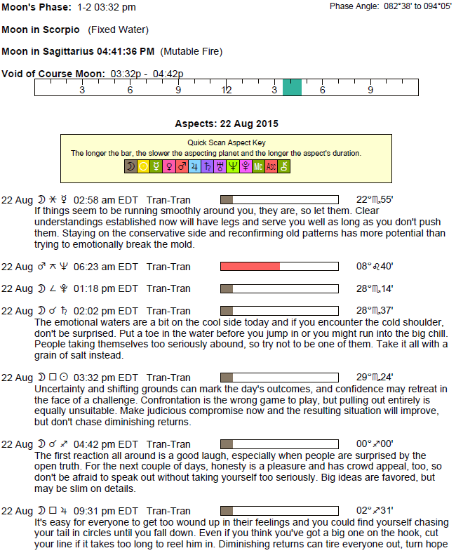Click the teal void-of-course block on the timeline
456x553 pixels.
(x=292, y=87)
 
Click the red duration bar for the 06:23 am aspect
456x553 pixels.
(x=250, y=266)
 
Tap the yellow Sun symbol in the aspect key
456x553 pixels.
(x=143, y=166)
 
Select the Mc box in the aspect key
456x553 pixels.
(x=257, y=166)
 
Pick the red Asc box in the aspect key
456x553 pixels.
(x=271, y=166)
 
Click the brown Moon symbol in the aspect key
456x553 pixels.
(x=130, y=166)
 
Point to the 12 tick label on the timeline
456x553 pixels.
(x=227, y=91)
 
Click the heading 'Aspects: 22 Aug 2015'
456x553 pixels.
(x=226, y=124)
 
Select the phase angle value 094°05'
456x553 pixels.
(x=435, y=6)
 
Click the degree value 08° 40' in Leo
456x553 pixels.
(x=375, y=266)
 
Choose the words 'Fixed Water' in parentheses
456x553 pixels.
(x=118, y=30)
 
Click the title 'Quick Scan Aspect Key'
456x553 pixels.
(x=226, y=142)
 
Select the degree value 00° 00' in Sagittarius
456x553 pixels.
(x=375, y=444)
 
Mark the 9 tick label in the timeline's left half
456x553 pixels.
(x=178, y=91)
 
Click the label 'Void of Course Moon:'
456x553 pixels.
(x=53, y=74)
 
